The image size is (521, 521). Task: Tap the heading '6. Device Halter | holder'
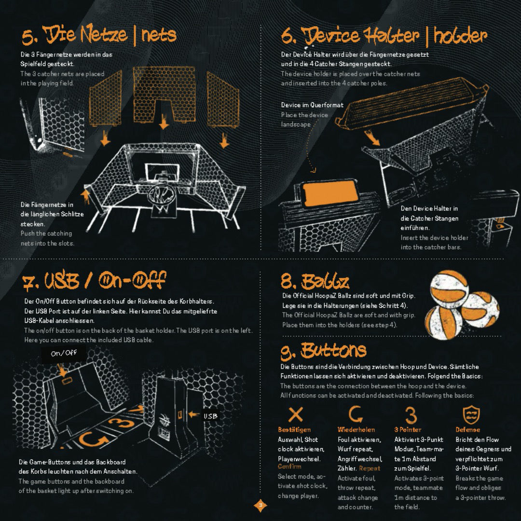[x=384, y=36]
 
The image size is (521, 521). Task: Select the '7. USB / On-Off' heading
[x=94, y=281]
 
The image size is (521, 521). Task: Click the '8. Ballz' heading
[x=315, y=281]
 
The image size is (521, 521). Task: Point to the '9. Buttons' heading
[x=323, y=351]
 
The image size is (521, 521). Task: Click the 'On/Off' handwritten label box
[x=64, y=353]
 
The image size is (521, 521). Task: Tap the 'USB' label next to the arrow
[x=210, y=416]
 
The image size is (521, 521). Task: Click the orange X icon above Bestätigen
[x=295, y=415]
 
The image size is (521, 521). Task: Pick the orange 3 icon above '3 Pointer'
[x=411, y=415]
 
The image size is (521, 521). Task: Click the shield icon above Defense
[x=471, y=414]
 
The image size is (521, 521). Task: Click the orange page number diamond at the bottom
[x=260, y=506]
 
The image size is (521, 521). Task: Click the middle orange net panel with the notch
[x=164, y=94]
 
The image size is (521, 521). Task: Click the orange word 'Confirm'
[x=289, y=466]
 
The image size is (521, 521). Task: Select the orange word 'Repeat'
[x=370, y=468]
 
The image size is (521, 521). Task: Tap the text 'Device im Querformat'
[x=312, y=105]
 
